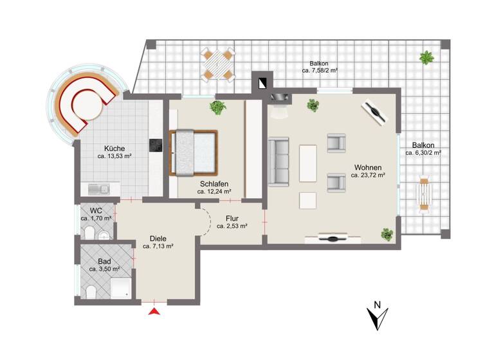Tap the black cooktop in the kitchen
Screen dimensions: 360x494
point(155,145)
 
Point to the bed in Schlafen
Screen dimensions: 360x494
point(192,152)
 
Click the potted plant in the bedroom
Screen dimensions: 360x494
point(218,107)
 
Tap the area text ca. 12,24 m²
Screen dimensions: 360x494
point(215,191)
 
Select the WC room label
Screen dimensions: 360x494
point(96,210)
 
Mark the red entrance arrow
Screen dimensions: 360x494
point(154,312)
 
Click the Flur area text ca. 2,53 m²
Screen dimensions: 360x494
point(232,226)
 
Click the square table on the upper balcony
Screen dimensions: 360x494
point(217,64)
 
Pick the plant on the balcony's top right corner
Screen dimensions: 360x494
point(426,59)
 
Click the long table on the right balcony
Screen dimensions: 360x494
point(424,192)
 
